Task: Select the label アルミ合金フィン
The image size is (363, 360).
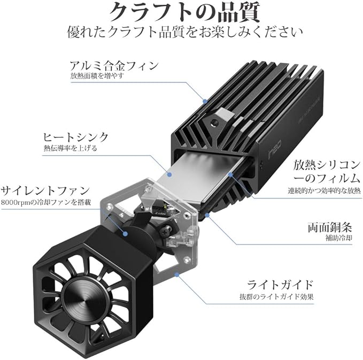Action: (x=114, y=66)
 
